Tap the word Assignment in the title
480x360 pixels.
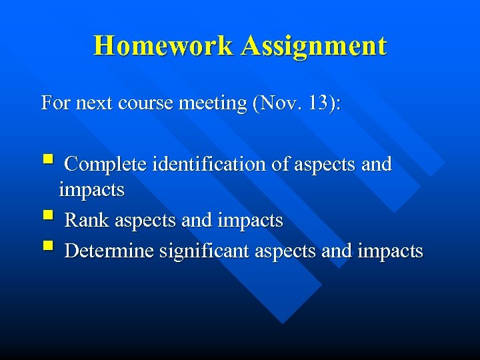314,46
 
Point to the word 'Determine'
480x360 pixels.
109,251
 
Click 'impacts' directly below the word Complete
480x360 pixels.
92,190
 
